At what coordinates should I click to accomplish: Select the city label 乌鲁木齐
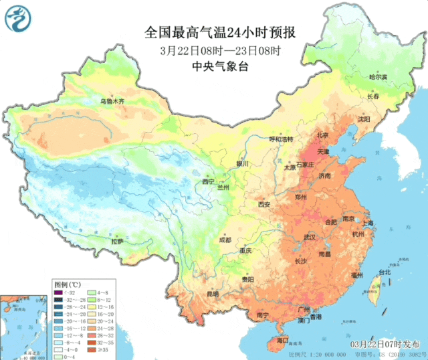point(112,102)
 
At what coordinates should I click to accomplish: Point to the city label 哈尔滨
point(379,78)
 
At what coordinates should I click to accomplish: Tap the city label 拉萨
point(118,241)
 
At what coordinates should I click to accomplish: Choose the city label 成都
point(225,240)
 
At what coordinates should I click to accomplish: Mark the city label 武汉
point(309,238)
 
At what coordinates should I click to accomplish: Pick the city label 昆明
point(213,294)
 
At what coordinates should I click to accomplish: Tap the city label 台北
point(384,272)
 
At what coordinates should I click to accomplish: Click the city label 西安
point(263,204)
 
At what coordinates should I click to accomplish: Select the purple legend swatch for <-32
point(58,292)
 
